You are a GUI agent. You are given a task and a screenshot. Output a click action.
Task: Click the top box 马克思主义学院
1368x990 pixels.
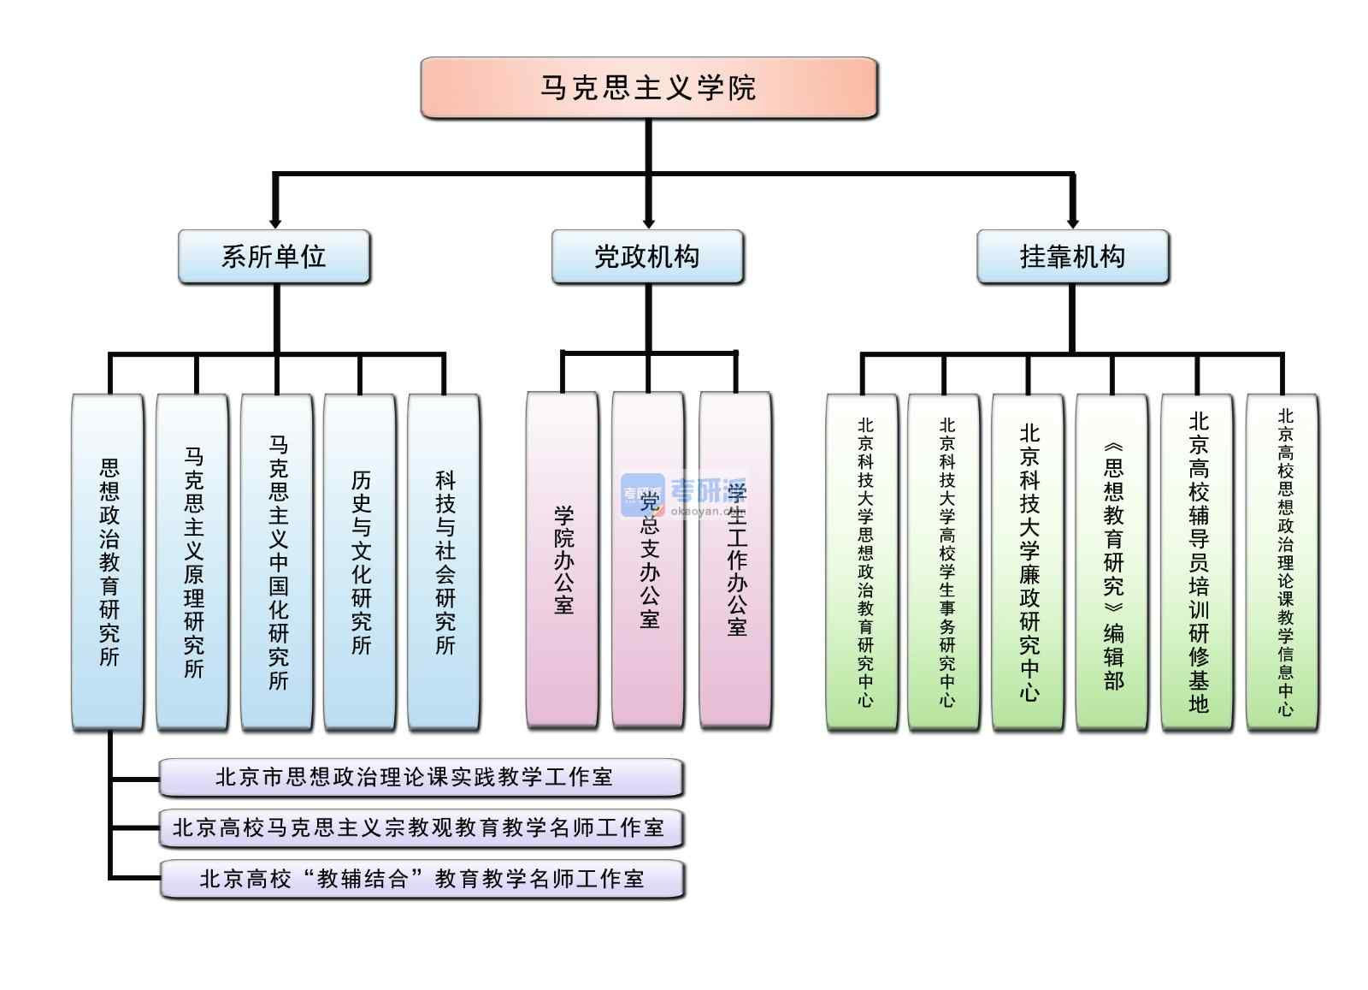coord(648,87)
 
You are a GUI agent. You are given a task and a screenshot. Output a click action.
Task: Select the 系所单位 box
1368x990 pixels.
coord(274,256)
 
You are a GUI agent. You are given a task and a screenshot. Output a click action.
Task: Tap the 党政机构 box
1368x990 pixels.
coord(647,256)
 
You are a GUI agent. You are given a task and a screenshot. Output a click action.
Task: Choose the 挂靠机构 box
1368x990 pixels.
coord(1072,256)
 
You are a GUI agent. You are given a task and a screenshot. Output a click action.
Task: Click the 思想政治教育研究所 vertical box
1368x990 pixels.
coord(108,561)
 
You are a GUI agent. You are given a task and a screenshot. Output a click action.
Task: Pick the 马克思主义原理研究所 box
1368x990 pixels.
coord(192,561)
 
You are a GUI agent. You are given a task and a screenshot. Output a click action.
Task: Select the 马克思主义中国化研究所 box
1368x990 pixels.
coord(277,561)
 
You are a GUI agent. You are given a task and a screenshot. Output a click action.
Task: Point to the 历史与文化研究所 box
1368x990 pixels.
coord(360,561)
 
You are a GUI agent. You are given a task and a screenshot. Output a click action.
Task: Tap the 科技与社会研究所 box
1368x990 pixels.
coord(444,561)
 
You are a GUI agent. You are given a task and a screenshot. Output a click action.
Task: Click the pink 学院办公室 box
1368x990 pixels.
coord(562,560)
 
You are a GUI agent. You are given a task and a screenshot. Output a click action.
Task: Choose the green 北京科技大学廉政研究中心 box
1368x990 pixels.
coord(1028,561)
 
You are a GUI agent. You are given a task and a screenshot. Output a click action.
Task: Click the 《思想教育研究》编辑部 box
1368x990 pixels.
coord(1111,561)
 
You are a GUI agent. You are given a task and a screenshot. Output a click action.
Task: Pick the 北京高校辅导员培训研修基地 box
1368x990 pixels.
coord(1197,561)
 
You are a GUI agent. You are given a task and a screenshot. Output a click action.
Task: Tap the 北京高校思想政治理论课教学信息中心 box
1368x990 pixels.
coord(1282,561)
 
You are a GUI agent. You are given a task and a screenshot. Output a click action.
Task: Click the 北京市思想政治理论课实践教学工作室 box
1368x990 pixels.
coord(421,777)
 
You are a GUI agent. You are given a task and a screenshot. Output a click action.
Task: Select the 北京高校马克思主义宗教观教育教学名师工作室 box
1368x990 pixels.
coord(421,827)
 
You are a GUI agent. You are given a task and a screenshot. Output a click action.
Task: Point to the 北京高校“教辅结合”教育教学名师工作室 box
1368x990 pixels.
coord(421,879)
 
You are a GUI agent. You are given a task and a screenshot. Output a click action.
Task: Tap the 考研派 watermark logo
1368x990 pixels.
coord(684,493)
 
